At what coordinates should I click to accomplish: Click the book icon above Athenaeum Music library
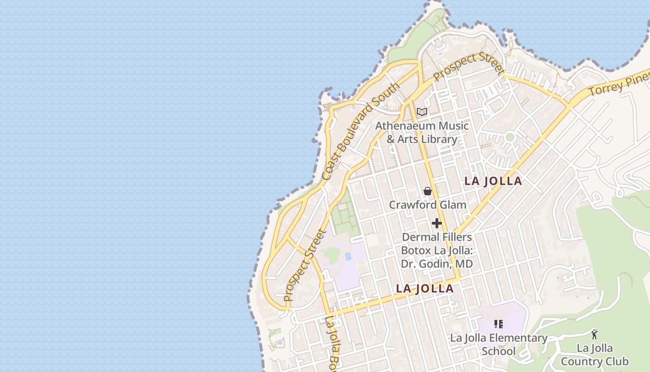[x=422, y=112]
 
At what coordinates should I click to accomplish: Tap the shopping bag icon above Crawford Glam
[x=427, y=191]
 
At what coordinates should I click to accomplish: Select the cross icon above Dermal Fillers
[x=436, y=223]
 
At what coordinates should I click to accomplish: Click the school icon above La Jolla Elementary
[x=498, y=324]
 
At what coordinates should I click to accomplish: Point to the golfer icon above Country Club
[x=594, y=334]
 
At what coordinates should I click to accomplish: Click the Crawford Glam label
[x=427, y=205]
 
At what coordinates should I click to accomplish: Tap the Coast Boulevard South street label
[x=360, y=132]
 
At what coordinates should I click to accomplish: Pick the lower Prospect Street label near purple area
[x=305, y=266]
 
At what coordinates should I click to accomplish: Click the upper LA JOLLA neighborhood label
[x=493, y=181]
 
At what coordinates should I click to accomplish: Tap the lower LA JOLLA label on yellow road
[x=424, y=289]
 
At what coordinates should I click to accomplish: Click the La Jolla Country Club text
[x=594, y=355]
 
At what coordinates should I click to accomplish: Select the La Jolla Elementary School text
[x=499, y=344]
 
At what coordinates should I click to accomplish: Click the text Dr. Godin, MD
[x=436, y=264]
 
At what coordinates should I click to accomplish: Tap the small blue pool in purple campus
[x=348, y=257]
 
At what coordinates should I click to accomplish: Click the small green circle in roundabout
[x=510, y=137]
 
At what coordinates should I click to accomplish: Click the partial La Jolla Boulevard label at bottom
[x=333, y=344]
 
